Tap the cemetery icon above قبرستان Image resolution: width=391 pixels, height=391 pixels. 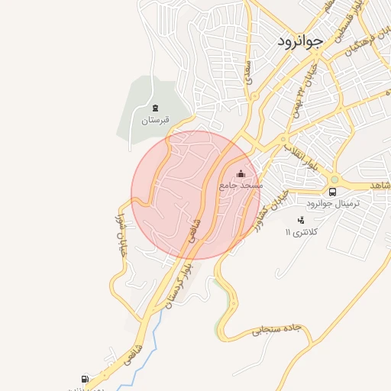(156, 108)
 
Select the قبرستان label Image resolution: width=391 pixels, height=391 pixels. (155, 120)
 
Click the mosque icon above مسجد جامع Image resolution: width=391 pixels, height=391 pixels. (241, 173)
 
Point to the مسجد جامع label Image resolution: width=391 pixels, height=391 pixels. (241, 185)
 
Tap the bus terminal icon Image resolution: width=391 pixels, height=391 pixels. (333, 192)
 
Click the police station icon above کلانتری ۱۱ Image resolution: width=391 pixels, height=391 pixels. (300, 220)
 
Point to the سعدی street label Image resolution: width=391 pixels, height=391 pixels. (248, 73)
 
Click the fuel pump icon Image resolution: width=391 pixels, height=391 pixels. (84, 378)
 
